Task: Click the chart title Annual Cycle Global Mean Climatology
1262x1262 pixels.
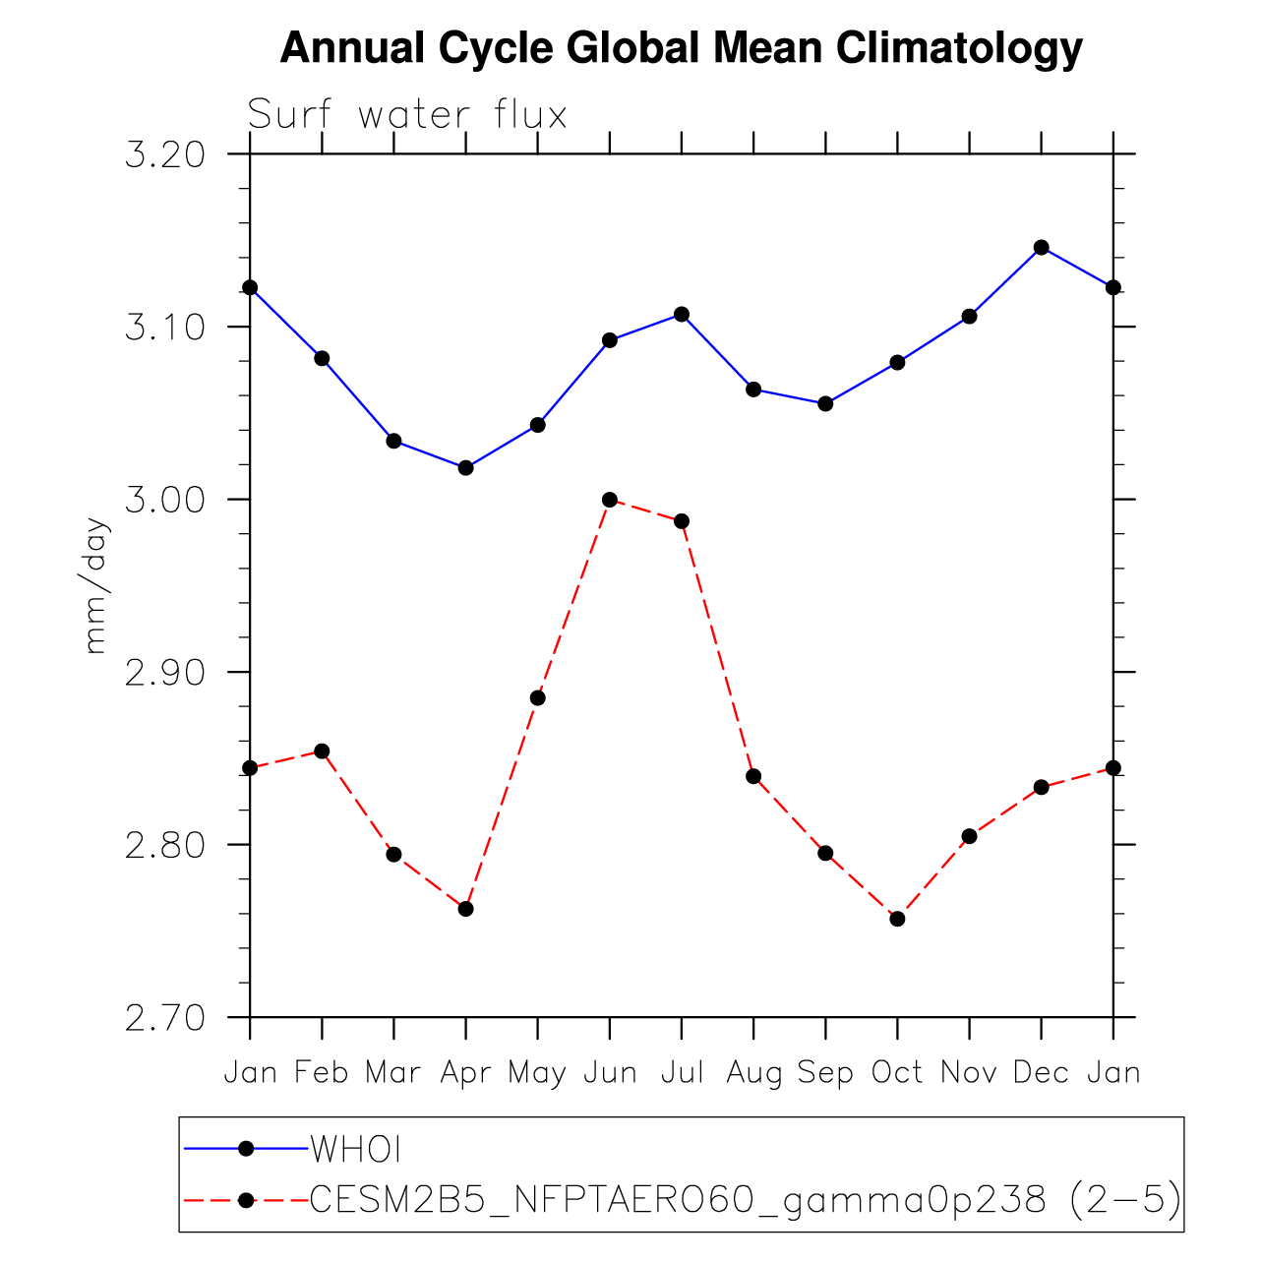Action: pos(681,47)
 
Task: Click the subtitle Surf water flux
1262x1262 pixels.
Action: pos(407,115)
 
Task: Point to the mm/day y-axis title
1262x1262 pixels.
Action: pos(95,585)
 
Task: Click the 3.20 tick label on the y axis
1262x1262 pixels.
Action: pos(164,154)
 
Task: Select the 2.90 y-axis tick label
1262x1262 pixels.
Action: pos(164,673)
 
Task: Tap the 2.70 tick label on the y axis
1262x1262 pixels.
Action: pos(164,1018)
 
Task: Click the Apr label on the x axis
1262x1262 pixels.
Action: pos(465,1073)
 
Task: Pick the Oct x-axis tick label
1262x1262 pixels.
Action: pos(897,1072)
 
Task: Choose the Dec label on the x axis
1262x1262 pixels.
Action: pos(1041,1072)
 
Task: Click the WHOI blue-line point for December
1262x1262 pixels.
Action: pos(1042,247)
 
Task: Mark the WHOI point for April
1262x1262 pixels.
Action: pos(466,467)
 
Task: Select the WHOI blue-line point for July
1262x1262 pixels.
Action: pos(682,314)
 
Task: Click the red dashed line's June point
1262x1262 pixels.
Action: pos(610,500)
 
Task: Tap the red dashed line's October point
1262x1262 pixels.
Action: pos(897,919)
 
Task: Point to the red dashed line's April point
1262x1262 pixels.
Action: pos(466,909)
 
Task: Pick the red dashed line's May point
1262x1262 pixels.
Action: pos(538,697)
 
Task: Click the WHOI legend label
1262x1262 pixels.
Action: pos(356,1149)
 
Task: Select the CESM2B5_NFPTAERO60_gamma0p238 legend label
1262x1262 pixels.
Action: pos(746,1200)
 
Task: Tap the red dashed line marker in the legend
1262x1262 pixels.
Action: pos(247,1199)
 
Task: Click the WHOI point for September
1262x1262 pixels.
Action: pos(825,403)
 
